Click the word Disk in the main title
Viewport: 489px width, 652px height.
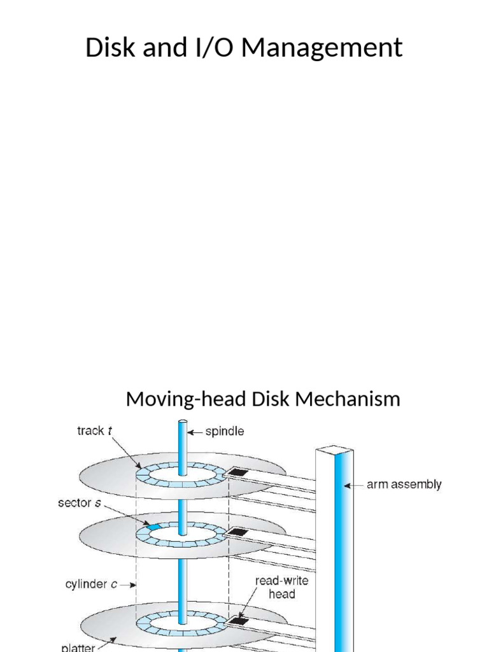click(108, 48)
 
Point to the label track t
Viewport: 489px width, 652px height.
click(94, 431)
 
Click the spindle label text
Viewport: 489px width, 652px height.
click(223, 431)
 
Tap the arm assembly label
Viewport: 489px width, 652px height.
click(404, 485)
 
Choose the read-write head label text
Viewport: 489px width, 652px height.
click(281, 587)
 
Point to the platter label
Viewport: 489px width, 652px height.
click(78, 647)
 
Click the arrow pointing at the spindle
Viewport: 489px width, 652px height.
click(196, 431)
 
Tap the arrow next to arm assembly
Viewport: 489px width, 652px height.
click(354, 485)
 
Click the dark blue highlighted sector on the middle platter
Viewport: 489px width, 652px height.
click(153, 527)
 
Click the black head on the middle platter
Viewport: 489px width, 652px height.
click(237, 531)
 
